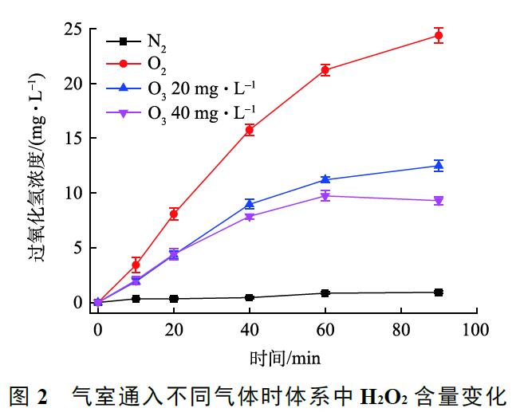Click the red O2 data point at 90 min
pos(438,36)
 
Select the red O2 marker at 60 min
pos(325,69)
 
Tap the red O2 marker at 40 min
pos(250,129)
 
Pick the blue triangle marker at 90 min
pos(438,165)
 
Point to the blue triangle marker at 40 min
pos(250,204)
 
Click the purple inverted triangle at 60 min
pos(325,195)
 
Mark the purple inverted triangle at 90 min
pos(438,201)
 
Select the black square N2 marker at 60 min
pos(325,293)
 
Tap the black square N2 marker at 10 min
pos(136,299)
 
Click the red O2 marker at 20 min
pos(174,214)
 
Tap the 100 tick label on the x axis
pos(475,328)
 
